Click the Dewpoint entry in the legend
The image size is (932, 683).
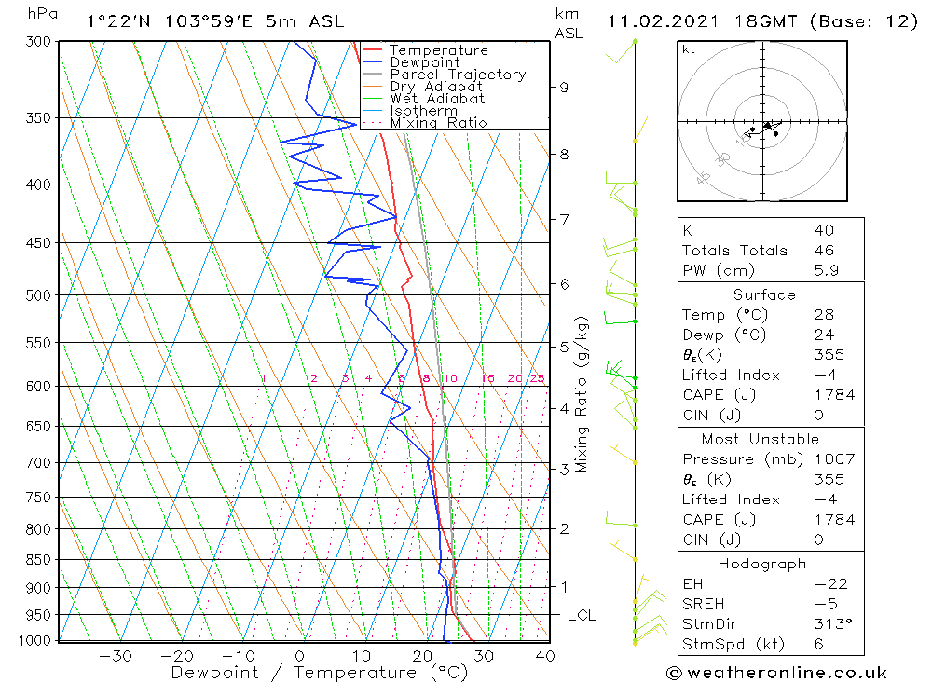424,62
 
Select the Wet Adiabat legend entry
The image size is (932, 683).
436,99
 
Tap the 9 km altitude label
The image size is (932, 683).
564,88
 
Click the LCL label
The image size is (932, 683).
581,616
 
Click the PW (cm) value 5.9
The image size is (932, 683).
824,270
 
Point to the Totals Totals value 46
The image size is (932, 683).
824,251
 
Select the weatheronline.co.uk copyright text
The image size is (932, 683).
776,673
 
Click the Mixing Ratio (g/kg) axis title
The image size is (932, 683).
582,394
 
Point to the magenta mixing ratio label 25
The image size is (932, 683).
537,378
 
